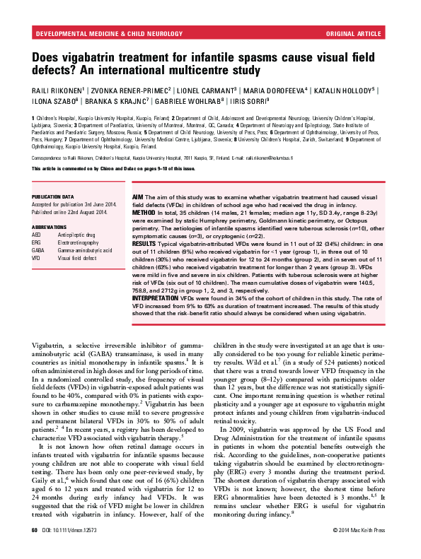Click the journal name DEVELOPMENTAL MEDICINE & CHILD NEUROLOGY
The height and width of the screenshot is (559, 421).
95,33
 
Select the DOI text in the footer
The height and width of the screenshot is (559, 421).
71,548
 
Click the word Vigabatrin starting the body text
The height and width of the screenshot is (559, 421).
51,343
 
